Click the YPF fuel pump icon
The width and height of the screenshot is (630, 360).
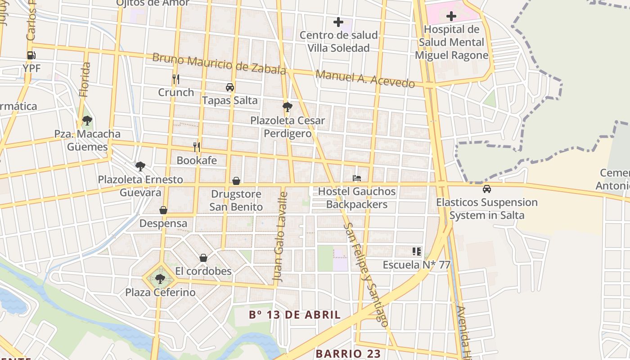point(31,55)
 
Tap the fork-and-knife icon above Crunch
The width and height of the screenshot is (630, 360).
point(176,79)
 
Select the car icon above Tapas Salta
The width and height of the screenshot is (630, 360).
point(230,87)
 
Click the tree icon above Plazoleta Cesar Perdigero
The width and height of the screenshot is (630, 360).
point(287,107)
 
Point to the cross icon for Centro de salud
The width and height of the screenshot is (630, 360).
point(338,22)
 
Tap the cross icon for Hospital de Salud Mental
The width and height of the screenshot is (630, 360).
point(451,17)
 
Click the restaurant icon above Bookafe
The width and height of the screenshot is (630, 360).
point(196,147)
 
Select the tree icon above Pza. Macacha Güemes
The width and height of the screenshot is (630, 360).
point(87,121)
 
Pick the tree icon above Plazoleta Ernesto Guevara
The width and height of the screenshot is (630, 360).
point(140,166)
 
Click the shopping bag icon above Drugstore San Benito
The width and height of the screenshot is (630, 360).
point(236,181)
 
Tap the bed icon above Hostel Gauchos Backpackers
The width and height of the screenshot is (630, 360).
point(357,178)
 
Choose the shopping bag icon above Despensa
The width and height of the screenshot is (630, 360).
point(163,210)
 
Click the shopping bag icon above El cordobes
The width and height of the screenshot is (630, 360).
point(203,258)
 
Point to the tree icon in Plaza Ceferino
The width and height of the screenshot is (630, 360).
point(160,279)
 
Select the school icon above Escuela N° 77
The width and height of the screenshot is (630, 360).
point(416,251)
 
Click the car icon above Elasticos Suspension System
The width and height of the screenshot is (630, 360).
point(486,189)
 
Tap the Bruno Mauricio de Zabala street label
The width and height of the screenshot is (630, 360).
point(219,64)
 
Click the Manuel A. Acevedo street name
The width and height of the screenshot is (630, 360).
point(365,79)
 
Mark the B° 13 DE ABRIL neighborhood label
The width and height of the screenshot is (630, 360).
point(295,315)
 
